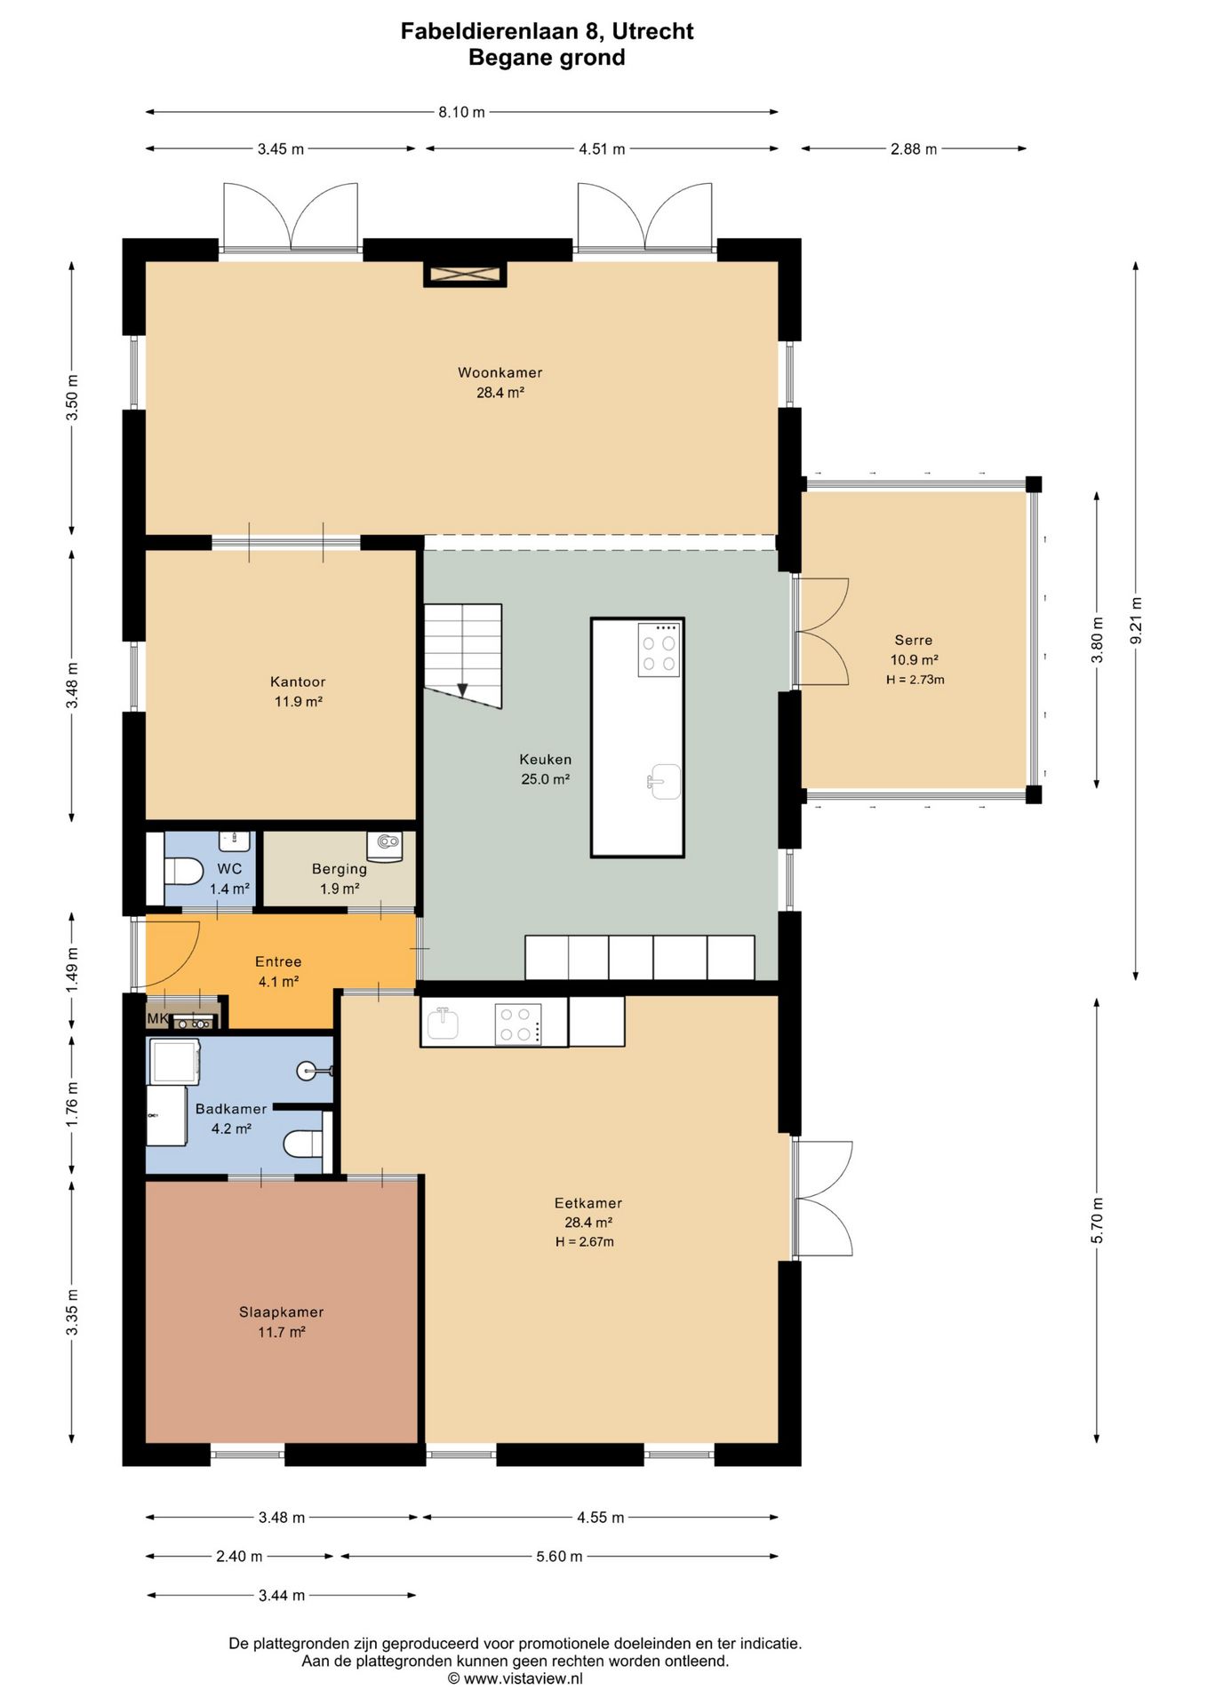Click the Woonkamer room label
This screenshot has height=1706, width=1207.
500,372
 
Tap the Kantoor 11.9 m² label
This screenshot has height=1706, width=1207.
298,691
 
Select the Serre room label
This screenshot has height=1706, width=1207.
914,640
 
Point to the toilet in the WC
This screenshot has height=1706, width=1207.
183,870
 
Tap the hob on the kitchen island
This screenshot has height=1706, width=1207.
659,650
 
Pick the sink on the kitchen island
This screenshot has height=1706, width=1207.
664,782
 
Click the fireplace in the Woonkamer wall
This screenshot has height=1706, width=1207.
465,275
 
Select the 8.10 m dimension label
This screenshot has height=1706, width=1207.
461,112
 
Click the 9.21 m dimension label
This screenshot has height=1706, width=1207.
1136,621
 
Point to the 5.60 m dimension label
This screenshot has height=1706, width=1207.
559,1556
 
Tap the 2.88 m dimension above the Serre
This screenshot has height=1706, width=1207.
914,149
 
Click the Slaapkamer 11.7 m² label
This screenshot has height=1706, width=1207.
282,1321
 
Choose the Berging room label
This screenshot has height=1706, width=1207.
340,869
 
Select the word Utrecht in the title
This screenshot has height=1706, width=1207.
653,31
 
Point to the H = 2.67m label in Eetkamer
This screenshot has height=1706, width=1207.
585,1242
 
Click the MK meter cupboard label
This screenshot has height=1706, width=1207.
157,1018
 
